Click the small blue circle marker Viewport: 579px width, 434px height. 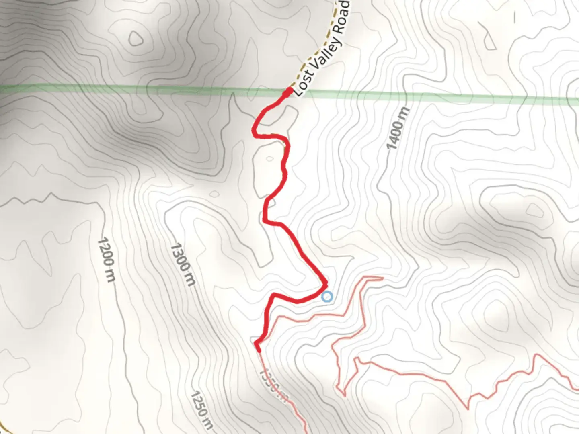(x=328, y=297)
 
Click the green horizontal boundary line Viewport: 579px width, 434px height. (x=121, y=88)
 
